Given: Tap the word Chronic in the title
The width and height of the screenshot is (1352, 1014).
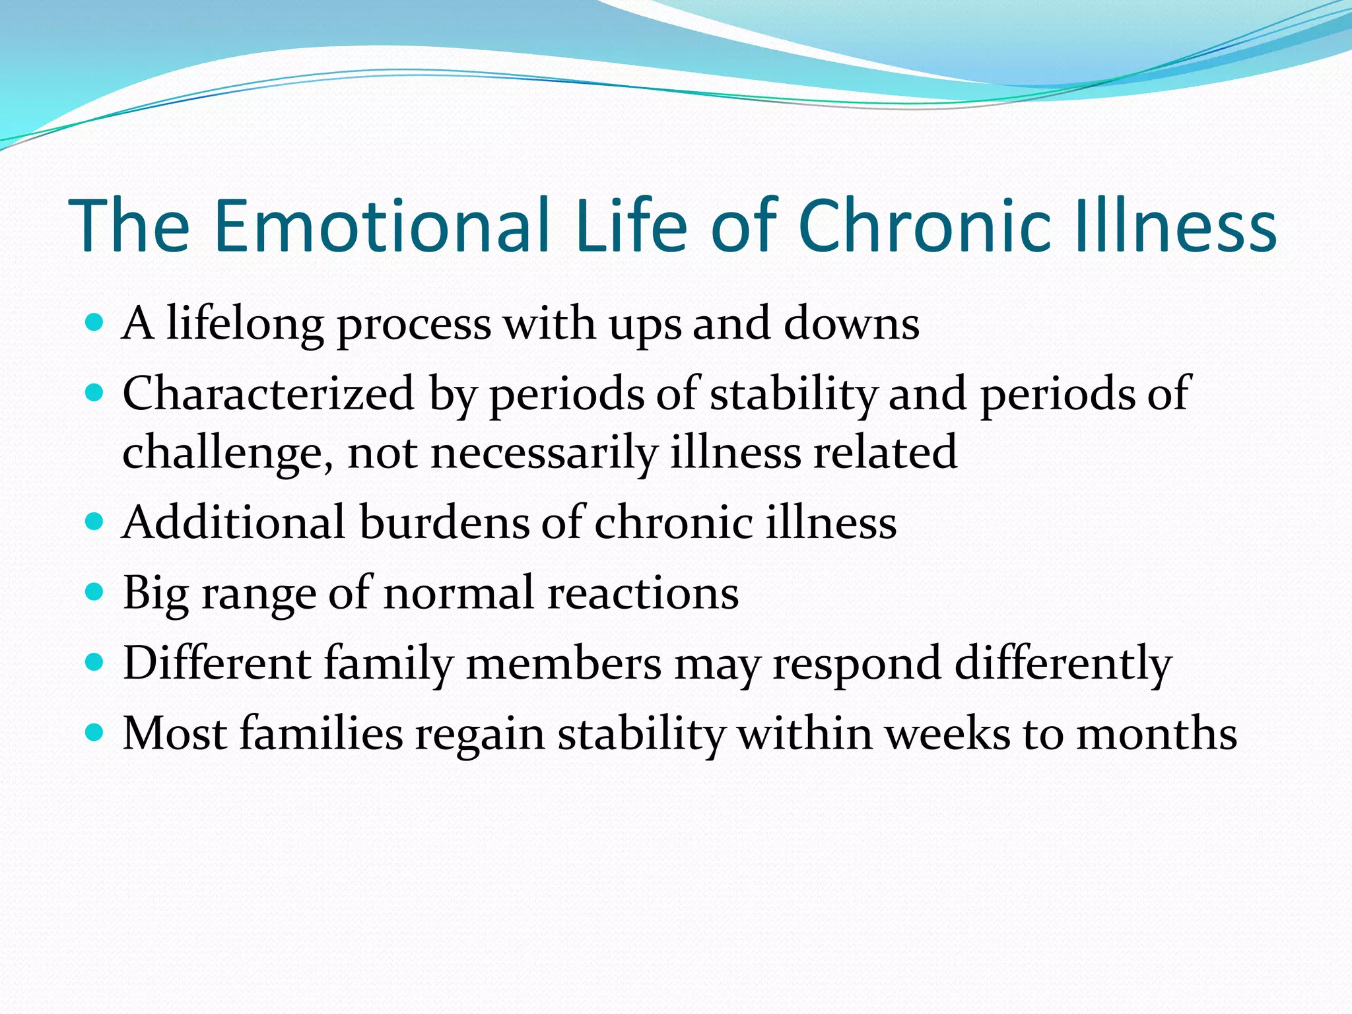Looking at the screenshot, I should tap(924, 226).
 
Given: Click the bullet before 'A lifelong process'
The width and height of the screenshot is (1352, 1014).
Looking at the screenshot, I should tap(95, 323).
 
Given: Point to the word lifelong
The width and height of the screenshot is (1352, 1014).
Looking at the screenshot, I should tap(245, 325).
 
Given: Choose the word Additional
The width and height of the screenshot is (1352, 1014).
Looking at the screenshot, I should tap(234, 523).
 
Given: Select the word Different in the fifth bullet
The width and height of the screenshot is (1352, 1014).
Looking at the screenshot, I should tap(217, 663).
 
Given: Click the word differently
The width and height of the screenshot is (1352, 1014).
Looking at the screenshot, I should tap(1063, 664).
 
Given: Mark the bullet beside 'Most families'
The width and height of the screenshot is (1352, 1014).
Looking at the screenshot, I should tap(95, 733).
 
